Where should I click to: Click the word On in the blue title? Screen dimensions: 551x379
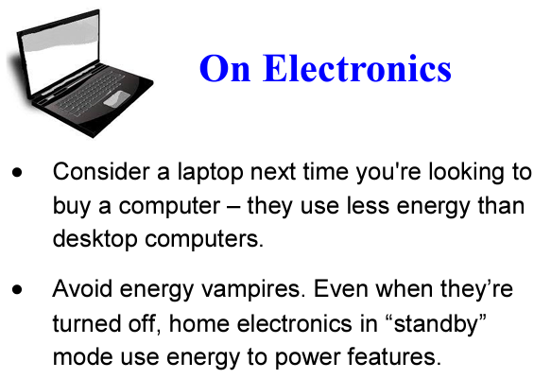point(225,68)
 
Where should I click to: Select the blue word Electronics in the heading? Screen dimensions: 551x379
point(357,67)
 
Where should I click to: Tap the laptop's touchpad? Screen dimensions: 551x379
point(116,98)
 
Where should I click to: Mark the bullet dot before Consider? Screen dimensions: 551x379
point(17,172)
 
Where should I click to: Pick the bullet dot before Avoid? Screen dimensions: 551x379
point(17,289)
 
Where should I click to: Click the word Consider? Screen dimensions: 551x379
point(101,172)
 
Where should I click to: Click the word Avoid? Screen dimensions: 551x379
point(83,288)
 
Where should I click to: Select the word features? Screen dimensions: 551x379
point(394,357)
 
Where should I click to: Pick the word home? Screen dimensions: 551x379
point(199,323)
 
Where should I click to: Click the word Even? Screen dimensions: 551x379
point(340,288)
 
